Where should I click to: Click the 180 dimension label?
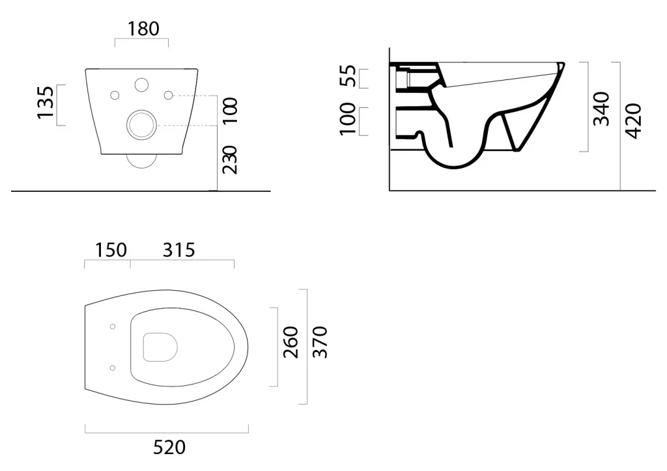(x=144, y=29)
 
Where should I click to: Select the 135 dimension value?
(x=46, y=103)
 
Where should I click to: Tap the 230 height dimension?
(x=230, y=159)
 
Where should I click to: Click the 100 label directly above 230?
(x=230, y=111)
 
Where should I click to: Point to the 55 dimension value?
(x=348, y=75)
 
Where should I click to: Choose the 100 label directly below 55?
(x=348, y=119)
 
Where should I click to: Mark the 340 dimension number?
(x=601, y=109)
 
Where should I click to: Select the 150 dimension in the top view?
(x=111, y=250)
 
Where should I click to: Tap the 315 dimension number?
(x=178, y=250)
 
